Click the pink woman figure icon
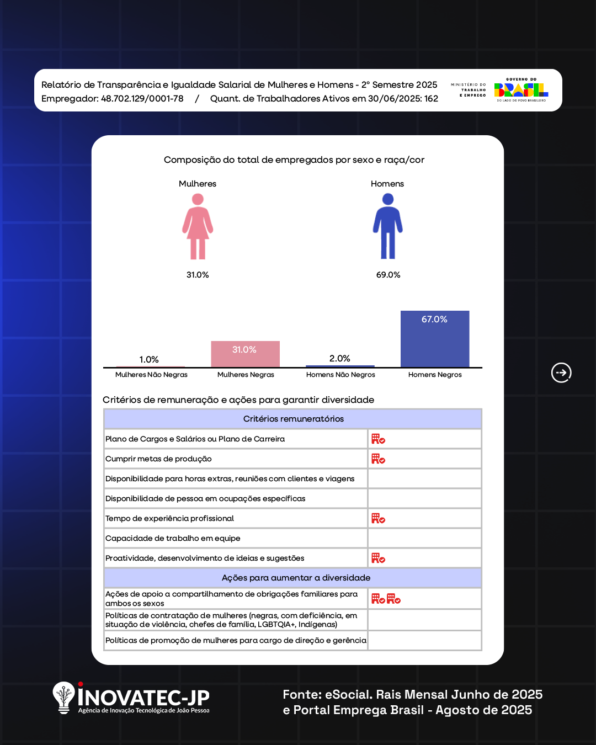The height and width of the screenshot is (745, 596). (198, 226)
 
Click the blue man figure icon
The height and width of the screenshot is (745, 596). (388, 226)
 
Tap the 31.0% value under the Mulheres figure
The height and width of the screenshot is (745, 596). (198, 275)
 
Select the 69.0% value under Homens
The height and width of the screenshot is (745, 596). (388, 275)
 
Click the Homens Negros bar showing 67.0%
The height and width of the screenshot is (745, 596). (435, 339)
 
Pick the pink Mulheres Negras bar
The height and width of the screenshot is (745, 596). (245, 354)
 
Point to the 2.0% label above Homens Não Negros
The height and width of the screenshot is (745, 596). (339, 359)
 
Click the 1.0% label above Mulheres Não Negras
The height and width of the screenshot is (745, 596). (149, 360)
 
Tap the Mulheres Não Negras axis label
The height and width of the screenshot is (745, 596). (151, 375)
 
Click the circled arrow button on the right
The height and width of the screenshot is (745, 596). (561, 372)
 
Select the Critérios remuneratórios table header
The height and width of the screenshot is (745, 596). (293, 419)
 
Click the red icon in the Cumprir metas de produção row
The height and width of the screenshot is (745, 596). (378, 459)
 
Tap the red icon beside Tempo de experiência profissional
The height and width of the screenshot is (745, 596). (378, 519)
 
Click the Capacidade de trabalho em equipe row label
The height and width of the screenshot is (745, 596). (173, 539)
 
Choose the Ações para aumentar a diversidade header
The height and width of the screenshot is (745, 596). (296, 578)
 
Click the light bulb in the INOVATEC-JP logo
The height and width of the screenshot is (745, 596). (64, 696)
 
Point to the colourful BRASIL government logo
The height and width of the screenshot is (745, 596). (521, 90)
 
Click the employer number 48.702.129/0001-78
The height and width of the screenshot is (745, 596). (142, 99)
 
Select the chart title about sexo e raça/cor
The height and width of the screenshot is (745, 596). (294, 160)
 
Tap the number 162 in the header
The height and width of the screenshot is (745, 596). (431, 99)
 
